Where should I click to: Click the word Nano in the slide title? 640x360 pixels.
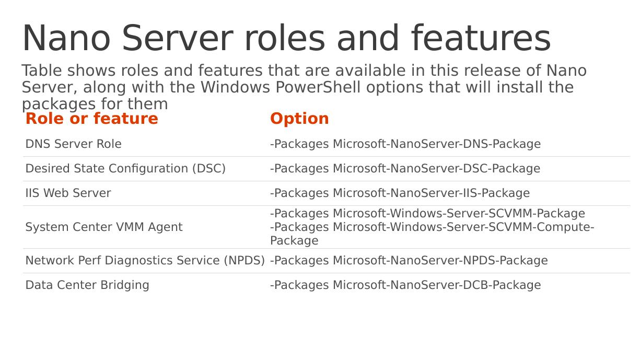pos(66,38)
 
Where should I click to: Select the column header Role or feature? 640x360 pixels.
pos(92,118)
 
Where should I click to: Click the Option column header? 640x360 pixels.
pos(299,119)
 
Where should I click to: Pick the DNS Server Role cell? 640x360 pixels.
pos(74,144)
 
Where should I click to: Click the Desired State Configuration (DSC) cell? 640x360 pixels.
pos(125,169)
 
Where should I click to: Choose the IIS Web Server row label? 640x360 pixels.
pos(68,193)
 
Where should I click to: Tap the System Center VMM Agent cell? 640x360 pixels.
pos(104,227)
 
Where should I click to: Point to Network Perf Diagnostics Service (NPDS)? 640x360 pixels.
pos(145,261)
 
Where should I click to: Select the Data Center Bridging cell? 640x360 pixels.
pos(87,285)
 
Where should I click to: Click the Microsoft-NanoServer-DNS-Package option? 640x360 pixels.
pos(437,144)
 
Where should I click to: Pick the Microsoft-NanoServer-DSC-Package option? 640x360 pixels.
pos(436,169)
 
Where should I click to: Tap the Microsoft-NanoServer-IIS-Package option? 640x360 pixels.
pos(431,193)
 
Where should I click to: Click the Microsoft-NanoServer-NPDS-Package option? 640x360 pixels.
pos(440,261)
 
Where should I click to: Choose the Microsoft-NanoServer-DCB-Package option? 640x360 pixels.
pos(437,285)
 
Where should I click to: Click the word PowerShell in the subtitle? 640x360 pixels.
pos(318,87)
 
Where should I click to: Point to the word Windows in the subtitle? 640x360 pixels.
pos(235,87)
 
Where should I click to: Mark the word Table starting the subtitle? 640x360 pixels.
pos(42,71)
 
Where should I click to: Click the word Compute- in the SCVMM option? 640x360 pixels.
pos(565,227)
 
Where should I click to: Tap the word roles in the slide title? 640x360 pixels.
pos(285,38)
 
